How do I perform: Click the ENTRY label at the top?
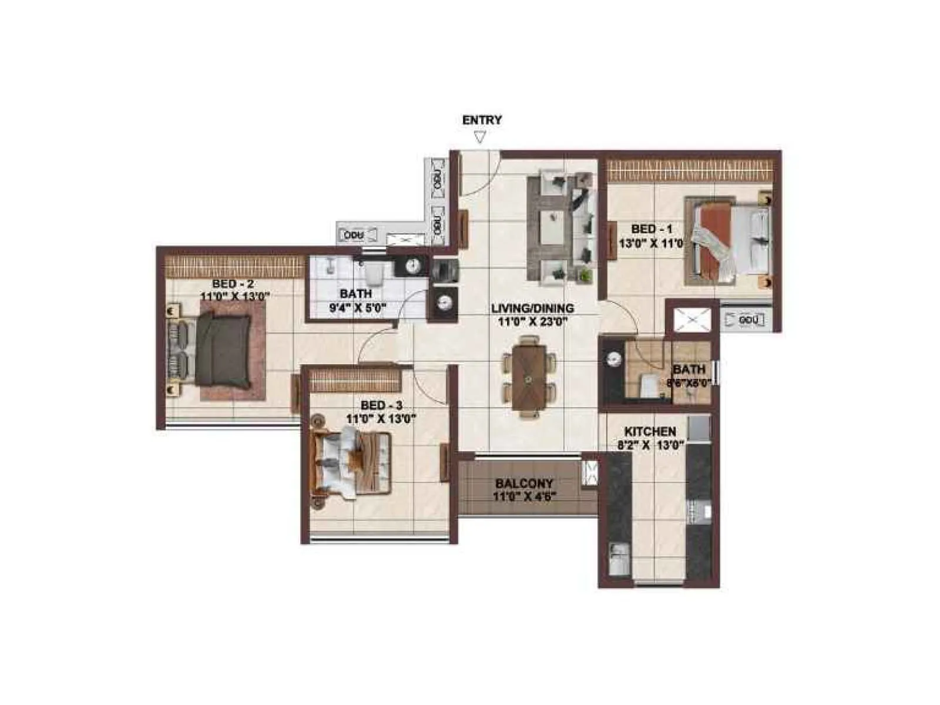[482, 120]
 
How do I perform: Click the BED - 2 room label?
[233, 284]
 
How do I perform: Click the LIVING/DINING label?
[532, 308]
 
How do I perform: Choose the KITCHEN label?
[650, 431]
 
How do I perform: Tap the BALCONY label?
[524, 484]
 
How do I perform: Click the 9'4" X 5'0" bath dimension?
[357, 307]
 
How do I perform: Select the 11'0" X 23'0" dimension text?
[532, 322]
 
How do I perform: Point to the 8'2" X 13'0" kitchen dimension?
[650, 445]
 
